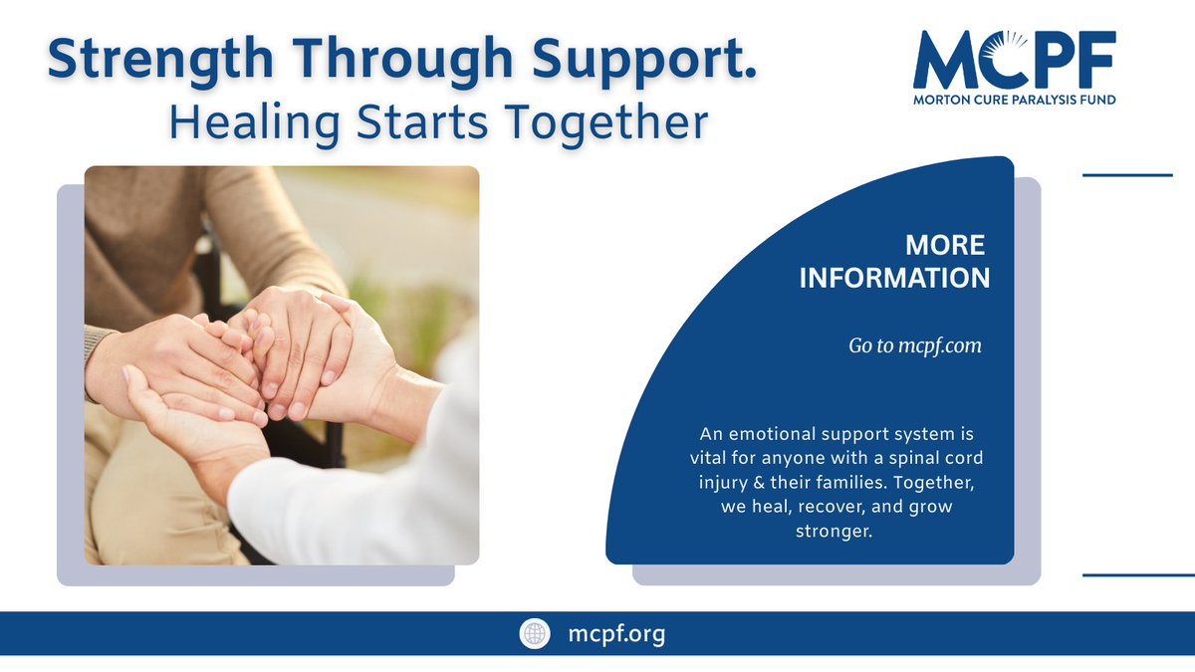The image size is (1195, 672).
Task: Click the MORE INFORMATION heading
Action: [894, 261]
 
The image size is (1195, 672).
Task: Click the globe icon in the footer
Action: [534, 634]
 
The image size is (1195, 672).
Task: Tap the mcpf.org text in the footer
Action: [615, 634]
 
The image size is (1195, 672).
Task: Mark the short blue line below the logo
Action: [1127, 175]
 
